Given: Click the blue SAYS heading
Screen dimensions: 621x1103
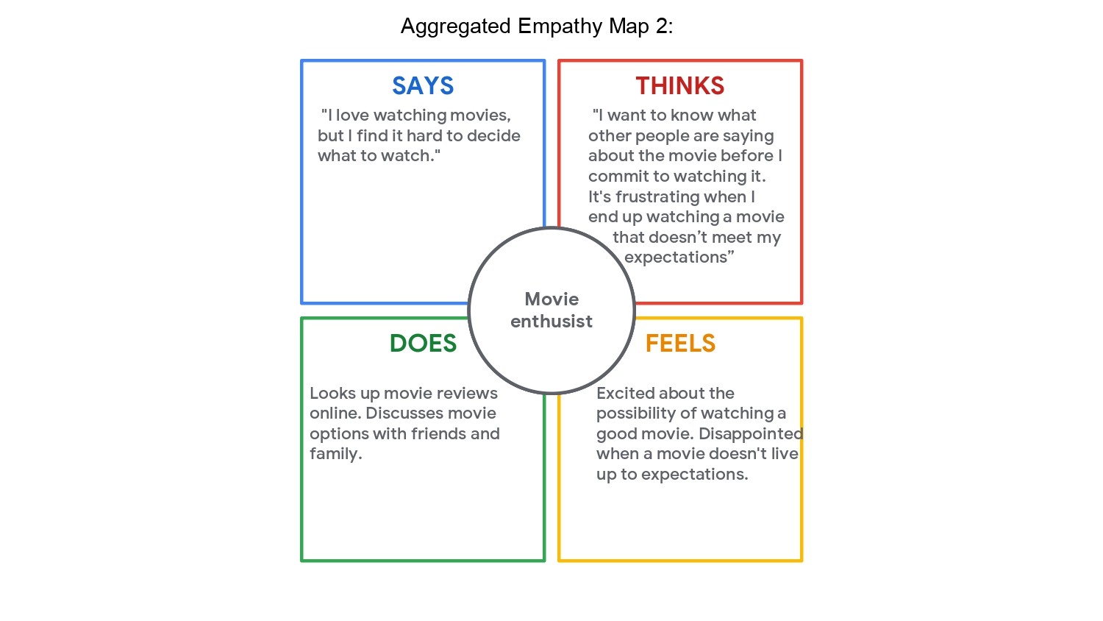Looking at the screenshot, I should pos(423,86).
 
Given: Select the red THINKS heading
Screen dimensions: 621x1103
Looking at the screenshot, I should pos(680,86).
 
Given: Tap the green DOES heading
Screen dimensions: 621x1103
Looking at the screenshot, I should pos(423,344).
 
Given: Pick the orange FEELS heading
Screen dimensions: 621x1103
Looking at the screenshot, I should pos(680,344).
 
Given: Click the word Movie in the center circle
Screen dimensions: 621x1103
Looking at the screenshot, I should pos(551,299).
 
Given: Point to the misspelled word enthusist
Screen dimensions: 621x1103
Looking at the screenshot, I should pos(551,322).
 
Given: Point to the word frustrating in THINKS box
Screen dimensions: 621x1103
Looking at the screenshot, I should pos(657,197).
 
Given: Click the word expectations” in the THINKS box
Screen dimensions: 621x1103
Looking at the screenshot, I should pos(679,258).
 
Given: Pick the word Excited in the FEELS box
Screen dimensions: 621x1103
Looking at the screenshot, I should pos(624,394).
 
